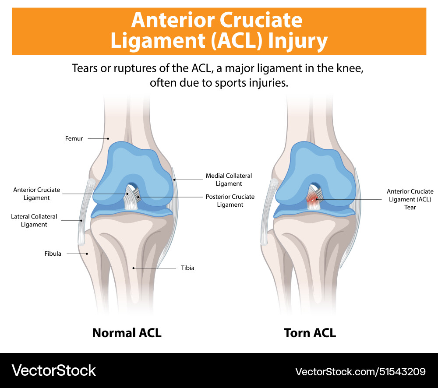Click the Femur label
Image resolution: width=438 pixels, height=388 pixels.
click(x=74, y=139)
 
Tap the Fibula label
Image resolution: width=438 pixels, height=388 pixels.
click(x=53, y=254)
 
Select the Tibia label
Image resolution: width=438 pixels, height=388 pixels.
click(x=187, y=268)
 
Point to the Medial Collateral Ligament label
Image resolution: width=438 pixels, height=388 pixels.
click(x=229, y=180)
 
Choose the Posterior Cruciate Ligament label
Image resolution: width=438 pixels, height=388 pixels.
click(x=230, y=201)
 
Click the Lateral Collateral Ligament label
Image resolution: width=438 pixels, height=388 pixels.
click(x=34, y=220)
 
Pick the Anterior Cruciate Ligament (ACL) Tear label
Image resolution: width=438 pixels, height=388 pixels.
click(x=410, y=199)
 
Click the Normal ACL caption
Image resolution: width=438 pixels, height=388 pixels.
click(x=127, y=333)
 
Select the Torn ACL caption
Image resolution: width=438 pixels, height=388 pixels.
click(x=310, y=333)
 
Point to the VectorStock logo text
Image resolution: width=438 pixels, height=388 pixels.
click(x=53, y=370)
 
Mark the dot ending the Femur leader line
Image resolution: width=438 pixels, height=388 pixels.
click(x=108, y=139)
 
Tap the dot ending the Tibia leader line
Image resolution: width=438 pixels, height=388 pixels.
click(x=133, y=268)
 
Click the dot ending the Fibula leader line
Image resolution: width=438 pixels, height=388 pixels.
click(x=87, y=254)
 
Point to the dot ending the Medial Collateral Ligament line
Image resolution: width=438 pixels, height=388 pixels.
click(x=174, y=179)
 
